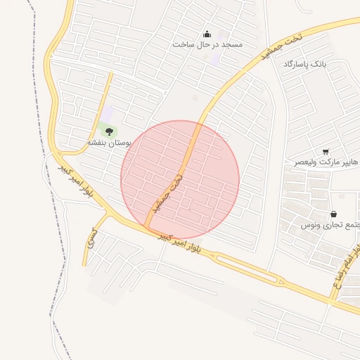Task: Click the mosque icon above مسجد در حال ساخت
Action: coord(207,33)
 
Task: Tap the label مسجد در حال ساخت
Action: coord(207,44)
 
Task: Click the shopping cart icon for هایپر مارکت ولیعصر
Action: coord(326,152)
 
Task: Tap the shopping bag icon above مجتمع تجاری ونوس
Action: coord(333,214)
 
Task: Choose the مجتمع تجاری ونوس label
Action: coord(330,225)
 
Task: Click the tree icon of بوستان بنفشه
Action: coord(108,130)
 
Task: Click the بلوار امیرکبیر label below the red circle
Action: coord(179,243)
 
